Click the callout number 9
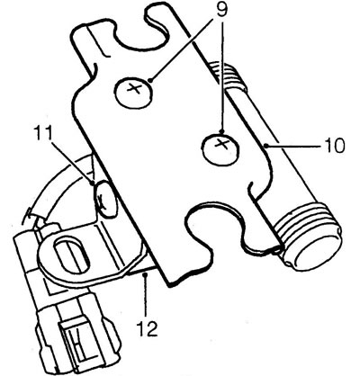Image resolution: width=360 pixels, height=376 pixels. (220, 10)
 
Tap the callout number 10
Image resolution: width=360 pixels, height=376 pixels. (334, 146)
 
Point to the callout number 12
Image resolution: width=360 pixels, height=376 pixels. (148, 328)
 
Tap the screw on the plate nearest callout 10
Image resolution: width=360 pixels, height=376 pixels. (221, 148)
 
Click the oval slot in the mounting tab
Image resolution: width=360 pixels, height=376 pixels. (71, 252)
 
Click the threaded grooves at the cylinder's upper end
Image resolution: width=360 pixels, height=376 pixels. (228, 76)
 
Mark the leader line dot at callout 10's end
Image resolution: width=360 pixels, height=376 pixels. (265, 146)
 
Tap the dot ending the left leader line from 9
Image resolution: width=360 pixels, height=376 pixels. (150, 80)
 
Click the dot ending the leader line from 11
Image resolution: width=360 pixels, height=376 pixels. (93, 182)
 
